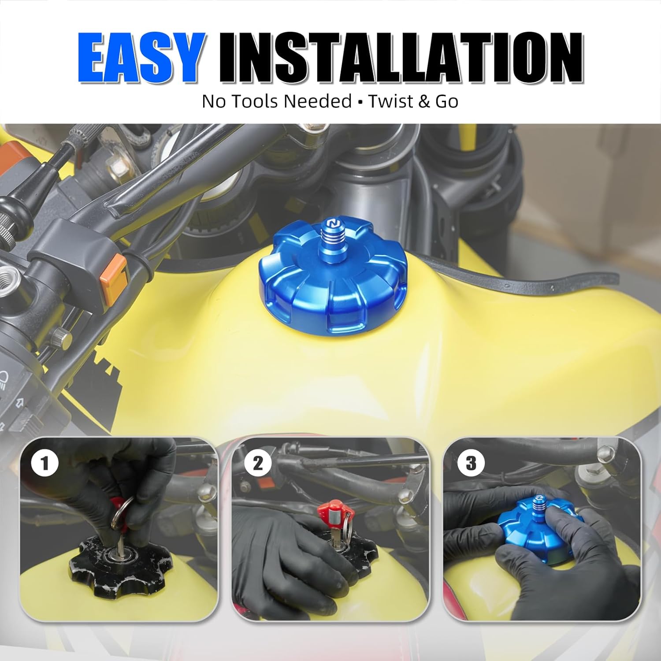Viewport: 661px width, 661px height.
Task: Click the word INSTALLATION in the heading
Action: (x=401, y=58)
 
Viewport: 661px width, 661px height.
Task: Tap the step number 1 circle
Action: (x=45, y=463)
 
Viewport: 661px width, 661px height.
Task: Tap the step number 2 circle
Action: (x=258, y=463)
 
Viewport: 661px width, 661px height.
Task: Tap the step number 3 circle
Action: (x=471, y=463)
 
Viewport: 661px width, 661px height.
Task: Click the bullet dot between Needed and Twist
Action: (x=360, y=102)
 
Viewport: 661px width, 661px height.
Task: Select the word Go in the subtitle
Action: (x=447, y=101)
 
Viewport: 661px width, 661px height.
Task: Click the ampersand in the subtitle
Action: (x=424, y=101)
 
